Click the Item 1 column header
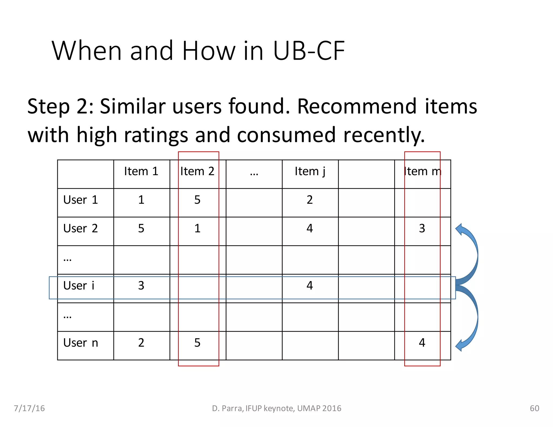(141, 171)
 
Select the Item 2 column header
(197, 171)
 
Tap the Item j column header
(310, 171)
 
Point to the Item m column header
(423, 171)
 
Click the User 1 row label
(80, 200)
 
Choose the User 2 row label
(80, 229)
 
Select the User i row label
(79, 286)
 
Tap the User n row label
(80, 343)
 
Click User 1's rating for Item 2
(197, 200)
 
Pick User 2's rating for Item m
(422, 229)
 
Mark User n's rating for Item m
(422, 343)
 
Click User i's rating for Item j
(310, 286)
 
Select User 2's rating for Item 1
(141, 229)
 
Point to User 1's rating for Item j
(310, 200)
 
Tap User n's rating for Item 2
(197, 343)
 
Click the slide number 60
(534, 408)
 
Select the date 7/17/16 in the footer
(29, 408)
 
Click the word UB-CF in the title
(309, 51)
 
